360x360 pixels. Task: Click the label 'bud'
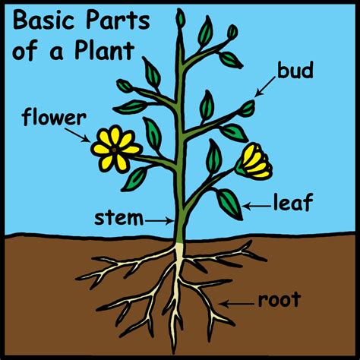[x=295, y=70]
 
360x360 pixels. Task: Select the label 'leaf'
[x=293, y=202]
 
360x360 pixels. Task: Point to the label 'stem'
[x=118, y=218]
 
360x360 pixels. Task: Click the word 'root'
[x=279, y=299]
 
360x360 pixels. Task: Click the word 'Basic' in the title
[x=43, y=21]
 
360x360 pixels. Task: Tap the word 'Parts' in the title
[x=118, y=21]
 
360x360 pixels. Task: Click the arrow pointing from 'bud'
[x=264, y=87]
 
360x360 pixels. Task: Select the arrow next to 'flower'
[x=77, y=135]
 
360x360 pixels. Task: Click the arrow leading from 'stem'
[x=159, y=221]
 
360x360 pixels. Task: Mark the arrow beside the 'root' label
[x=236, y=304]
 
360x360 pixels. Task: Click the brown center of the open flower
[x=114, y=150]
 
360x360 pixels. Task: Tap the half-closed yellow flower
[x=254, y=161]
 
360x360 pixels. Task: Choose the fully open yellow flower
[x=115, y=150]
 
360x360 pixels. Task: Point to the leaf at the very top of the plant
[x=181, y=17]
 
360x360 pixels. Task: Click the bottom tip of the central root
[x=174, y=354]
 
